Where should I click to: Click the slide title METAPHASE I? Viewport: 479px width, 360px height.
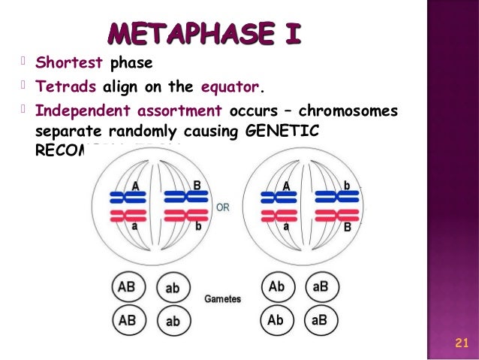click(x=204, y=33)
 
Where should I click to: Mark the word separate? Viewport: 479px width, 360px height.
click(x=68, y=131)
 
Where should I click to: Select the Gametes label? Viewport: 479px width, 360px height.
click(x=223, y=299)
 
